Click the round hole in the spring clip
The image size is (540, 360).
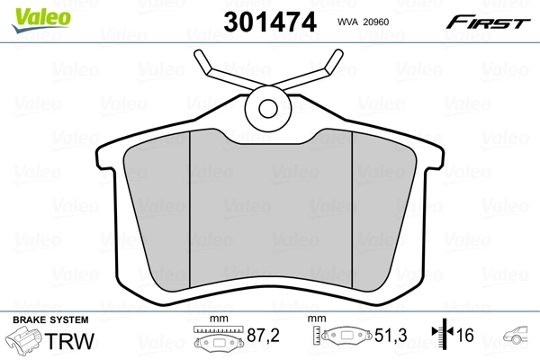[x=269, y=108]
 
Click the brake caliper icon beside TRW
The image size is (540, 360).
[x=25, y=343]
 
